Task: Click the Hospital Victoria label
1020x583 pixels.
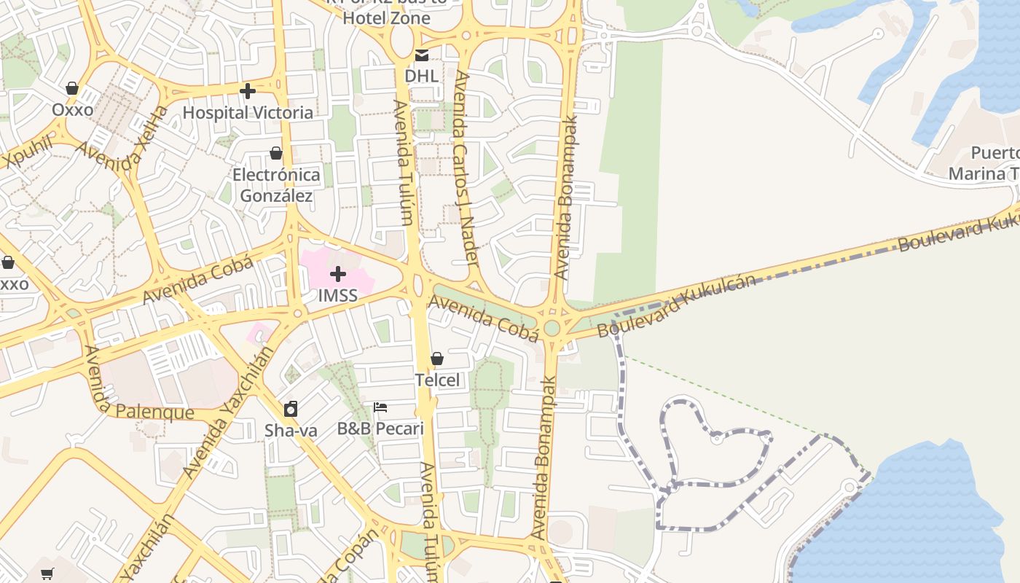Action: [x=248, y=113]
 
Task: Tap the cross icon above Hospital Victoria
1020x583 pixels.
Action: [x=248, y=91]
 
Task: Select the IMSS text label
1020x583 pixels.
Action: [x=338, y=295]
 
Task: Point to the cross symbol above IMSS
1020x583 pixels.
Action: [x=338, y=275]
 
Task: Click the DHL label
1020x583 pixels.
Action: [x=422, y=76]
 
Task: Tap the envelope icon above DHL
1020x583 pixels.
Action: [x=422, y=55]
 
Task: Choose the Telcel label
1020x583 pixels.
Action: [x=437, y=380]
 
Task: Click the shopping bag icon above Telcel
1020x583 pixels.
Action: [x=437, y=359]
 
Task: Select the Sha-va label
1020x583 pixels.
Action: [x=291, y=430]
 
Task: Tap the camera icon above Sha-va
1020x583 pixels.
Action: [x=291, y=409]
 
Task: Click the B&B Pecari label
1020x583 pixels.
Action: [x=380, y=428]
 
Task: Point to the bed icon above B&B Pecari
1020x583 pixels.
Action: [x=380, y=407]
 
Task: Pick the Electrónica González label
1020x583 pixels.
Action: [x=276, y=185]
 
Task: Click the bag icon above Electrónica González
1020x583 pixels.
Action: [x=276, y=153]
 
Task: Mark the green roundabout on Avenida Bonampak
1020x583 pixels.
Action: [x=552, y=328]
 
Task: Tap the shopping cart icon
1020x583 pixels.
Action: [x=47, y=574]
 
